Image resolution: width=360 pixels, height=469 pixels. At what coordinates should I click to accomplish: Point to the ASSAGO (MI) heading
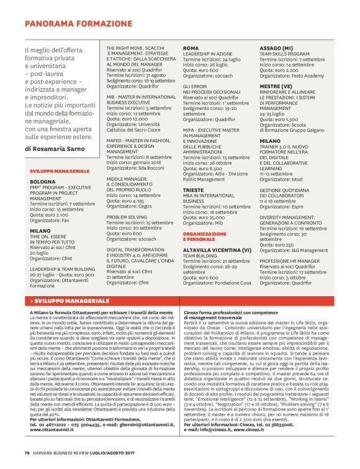[x=276, y=48]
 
